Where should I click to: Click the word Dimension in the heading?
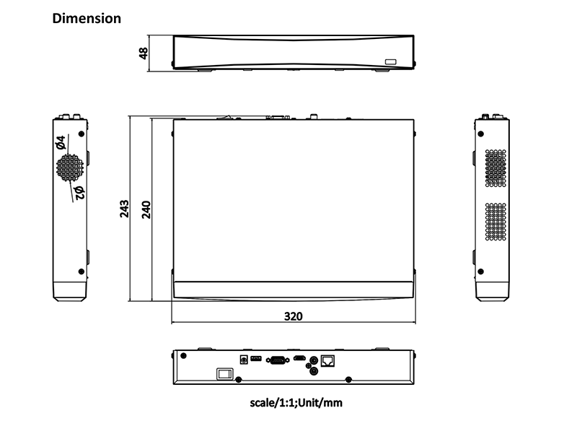87,19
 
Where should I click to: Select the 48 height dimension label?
143,53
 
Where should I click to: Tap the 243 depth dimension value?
124,209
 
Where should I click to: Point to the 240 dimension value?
146,209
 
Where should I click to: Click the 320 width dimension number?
294,316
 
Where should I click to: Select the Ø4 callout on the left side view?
61,142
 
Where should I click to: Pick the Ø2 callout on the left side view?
79,193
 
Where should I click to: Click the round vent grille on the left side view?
70,168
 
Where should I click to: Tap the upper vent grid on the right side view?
495,168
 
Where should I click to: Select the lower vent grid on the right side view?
495,222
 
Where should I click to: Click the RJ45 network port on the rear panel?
327,361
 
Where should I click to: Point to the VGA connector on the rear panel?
278,360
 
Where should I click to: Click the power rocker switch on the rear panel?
225,374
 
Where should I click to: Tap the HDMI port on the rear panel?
299,358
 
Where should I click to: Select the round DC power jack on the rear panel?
244,360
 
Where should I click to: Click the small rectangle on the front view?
391,62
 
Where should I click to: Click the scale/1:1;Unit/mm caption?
296,403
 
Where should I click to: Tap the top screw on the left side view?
82,134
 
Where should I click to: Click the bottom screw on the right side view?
480,271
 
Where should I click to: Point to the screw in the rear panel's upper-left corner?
184,356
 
